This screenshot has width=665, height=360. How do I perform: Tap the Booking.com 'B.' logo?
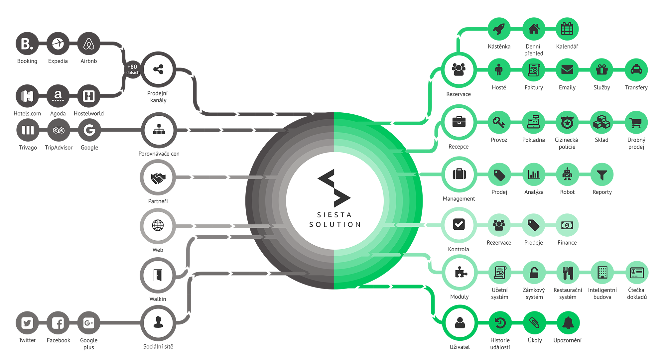27,44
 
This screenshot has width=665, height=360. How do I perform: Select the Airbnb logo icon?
89,44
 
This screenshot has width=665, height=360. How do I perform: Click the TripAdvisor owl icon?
59,130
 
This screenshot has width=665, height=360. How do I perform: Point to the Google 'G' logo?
89,130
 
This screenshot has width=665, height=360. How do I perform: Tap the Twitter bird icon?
27,323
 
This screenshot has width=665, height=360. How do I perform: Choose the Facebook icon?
58,323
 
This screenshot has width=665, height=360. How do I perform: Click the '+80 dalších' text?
133,69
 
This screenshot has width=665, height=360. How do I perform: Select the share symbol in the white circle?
158,69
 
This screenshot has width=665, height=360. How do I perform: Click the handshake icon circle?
158,178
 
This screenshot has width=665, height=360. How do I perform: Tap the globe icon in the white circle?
158,225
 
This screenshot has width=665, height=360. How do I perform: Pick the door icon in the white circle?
158,275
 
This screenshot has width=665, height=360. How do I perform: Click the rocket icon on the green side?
499,29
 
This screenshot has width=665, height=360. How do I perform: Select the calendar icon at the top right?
567,29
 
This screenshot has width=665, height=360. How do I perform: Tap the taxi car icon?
636,69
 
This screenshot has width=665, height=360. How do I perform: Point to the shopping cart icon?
635,123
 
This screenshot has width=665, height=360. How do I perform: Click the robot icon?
567,174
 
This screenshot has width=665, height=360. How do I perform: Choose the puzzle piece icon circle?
460,273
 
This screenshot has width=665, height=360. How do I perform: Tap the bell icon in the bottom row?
568,323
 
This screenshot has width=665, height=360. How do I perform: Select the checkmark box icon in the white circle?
459,224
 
